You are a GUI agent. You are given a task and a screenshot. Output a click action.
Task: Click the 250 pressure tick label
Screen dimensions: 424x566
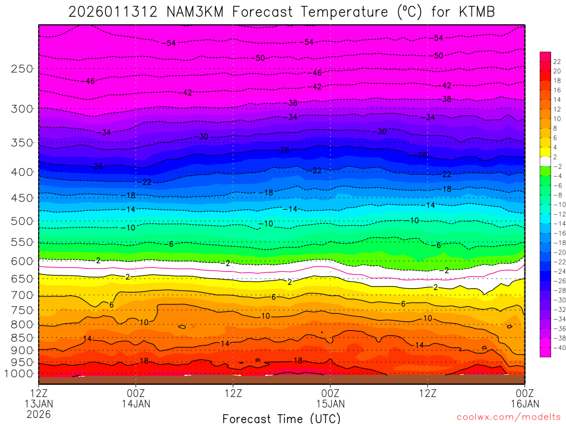pos(22,69)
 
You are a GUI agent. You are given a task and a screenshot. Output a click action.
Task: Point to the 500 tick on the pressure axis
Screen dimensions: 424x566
pos(22,221)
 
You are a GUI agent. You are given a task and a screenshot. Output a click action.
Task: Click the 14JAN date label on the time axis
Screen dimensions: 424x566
pos(136,404)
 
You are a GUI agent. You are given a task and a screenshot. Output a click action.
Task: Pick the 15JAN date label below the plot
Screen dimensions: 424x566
pos(330,404)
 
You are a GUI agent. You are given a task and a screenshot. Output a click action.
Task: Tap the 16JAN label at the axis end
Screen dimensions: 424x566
pos(524,404)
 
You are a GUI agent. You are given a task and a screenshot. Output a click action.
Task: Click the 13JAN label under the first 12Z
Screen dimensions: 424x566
pos(39,404)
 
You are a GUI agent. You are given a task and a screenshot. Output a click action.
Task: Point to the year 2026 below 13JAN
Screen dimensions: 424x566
pos(39,414)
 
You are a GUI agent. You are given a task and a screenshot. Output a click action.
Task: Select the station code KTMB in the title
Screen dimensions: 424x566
pos(474,12)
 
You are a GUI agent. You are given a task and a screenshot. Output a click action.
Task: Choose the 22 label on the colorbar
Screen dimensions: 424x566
pos(557,62)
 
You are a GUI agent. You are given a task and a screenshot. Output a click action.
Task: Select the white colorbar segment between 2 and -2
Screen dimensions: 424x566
pos(545,162)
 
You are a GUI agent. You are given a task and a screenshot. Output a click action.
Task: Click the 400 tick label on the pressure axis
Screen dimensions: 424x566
pos(22,172)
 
